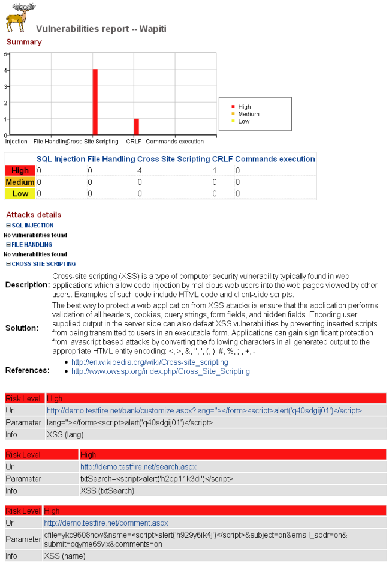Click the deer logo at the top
click(x=19, y=18)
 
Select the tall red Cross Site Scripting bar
click(x=95, y=102)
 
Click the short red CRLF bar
click(x=136, y=127)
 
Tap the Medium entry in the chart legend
click(x=248, y=114)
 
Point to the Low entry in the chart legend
click(x=243, y=121)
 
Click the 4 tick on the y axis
click(x=5, y=70)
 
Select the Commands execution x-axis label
click(x=174, y=142)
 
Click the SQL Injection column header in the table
click(x=61, y=159)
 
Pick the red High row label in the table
click(x=20, y=171)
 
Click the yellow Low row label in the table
click(x=20, y=194)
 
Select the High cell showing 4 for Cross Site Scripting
click(x=140, y=171)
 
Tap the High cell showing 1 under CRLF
click(x=215, y=171)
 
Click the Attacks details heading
click(x=34, y=215)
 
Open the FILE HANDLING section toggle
click(x=31, y=245)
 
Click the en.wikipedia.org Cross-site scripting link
click(x=149, y=362)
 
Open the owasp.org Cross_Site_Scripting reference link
click(x=160, y=371)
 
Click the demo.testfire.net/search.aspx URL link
click(x=138, y=467)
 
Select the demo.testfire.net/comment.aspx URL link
click(x=105, y=523)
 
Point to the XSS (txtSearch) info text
click(x=107, y=491)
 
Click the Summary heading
click(x=24, y=42)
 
